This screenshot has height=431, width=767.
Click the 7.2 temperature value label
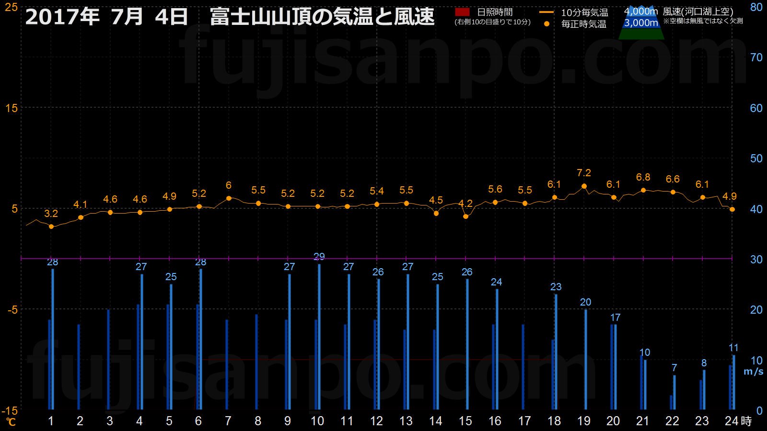pyautogui.click(x=584, y=173)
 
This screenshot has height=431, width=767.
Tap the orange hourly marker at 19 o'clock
pyautogui.click(x=584, y=186)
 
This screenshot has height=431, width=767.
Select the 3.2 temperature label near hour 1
pyautogui.click(x=51, y=214)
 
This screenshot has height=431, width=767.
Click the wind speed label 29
pyautogui.click(x=319, y=257)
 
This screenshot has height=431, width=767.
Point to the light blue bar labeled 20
pyautogui.click(x=586, y=359)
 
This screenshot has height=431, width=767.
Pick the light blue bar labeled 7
pyautogui.click(x=674, y=392)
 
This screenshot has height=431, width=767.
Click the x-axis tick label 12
pyautogui.click(x=377, y=421)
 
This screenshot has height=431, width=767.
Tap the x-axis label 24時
pyautogui.click(x=738, y=421)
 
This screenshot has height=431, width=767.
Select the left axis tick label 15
pyautogui.click(x=12, y=108)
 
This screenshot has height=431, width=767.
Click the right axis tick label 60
pyautogui.click(x=756, y=108)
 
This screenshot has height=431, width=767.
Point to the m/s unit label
pyautogui.click(x=753, y=372)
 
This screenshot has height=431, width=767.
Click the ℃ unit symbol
pyautogui.click(x=11, y=422)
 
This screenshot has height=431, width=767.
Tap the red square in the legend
pyautogui.click(x=462, y=12)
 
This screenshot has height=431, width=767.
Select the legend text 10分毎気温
pyautogui.click(x=585, y=12)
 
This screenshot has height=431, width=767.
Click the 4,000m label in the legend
pyautogui.click(x=641, y=11)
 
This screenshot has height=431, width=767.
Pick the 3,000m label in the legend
pyautogui.click(x=641, y=23)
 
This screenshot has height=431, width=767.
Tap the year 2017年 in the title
pyautogui.click(x=62, y=17)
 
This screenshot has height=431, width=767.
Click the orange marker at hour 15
pyautogui.click(x=465, y=216)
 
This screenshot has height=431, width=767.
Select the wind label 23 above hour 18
pyautogui.click(x=556, y=287)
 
